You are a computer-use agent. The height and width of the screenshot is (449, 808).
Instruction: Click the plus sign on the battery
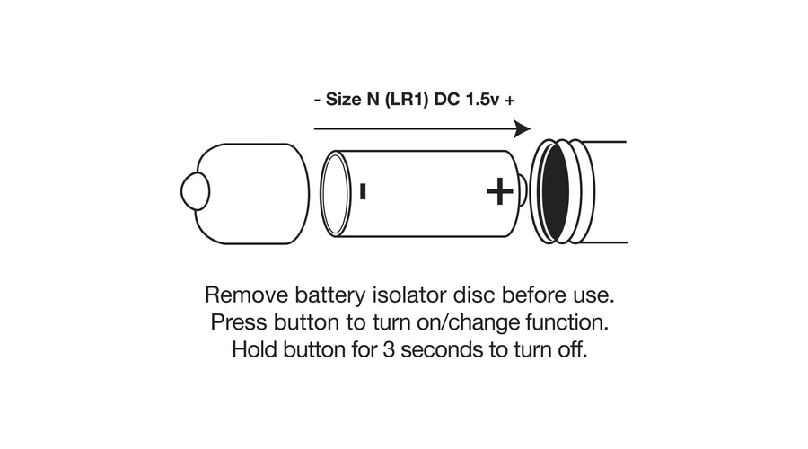[x=499, y=190]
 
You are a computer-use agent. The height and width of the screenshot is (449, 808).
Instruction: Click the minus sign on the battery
[x=362, y=191]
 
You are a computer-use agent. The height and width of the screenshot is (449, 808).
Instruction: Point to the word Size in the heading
[x=341, y=101]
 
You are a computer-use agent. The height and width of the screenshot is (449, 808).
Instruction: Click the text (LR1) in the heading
[x=405, y=101]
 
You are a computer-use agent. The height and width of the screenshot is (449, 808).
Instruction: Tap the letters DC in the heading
[x=445, y=101]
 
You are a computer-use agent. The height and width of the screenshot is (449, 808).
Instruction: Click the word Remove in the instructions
[x=242, y=295]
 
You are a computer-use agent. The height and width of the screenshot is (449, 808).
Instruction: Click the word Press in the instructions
[x=235, y=321]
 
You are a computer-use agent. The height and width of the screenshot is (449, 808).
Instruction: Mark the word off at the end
[x=573, y=349]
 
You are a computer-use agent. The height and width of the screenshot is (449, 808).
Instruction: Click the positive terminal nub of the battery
[x=523, y=190]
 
